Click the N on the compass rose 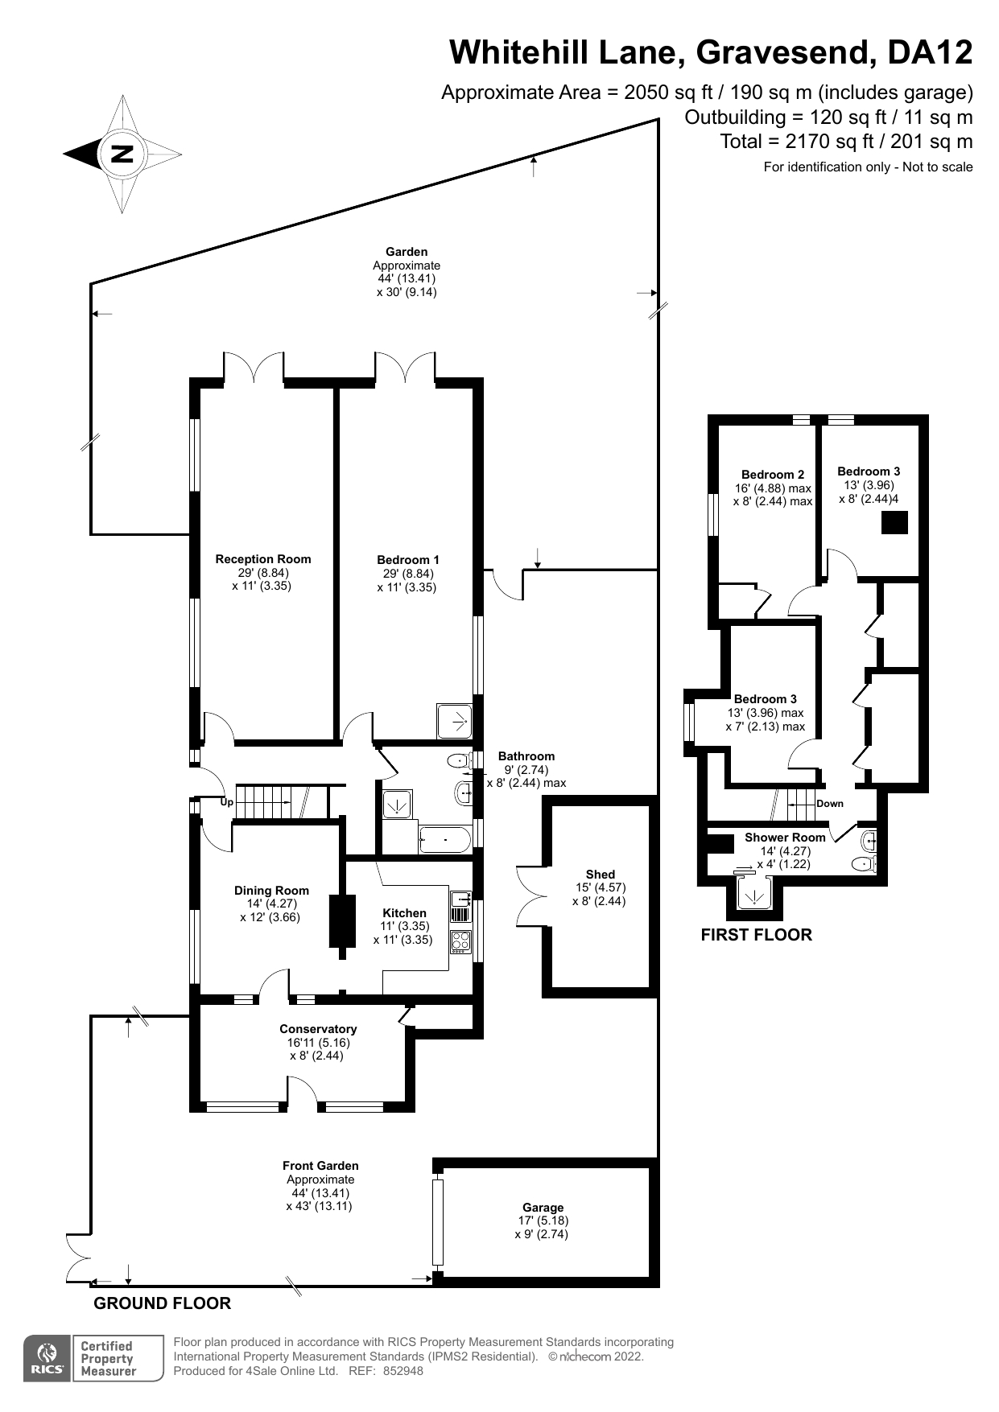point(122,153)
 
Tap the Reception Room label point(262,559)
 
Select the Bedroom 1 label point(408,560)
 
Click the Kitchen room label point(404,913)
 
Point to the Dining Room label point(271,891)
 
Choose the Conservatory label point(318,1029)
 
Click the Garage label point(543,1208)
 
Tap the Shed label point(601,875)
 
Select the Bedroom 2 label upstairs point(773,475)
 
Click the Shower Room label point(785,838)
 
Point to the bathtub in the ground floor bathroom point(444,840)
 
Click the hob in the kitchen point(460,941)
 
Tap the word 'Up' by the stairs point(227,802)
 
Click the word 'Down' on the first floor point(830,804)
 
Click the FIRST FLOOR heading point(756,935)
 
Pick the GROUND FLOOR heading point(163,1303)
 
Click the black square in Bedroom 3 point(894,523)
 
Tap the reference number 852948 point(402,1371)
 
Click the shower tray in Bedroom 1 point(454,722)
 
